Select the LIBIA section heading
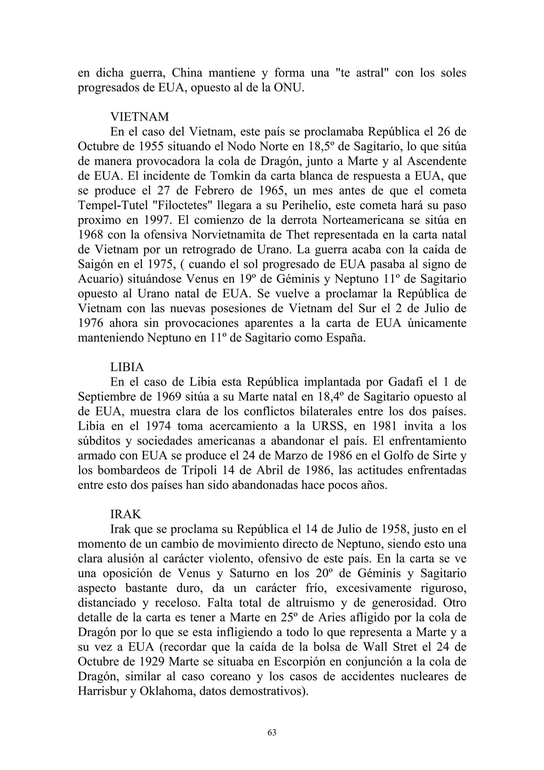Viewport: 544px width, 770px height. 127,367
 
